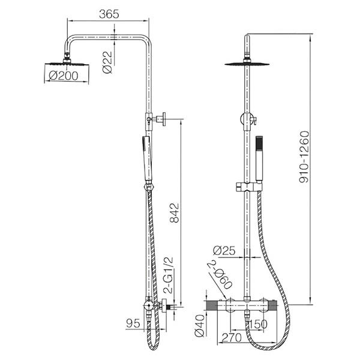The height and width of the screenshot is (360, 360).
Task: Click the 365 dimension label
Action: point(109,14)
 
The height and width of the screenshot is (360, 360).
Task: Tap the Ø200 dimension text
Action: point(64,76)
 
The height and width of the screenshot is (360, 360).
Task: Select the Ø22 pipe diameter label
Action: point(107,62)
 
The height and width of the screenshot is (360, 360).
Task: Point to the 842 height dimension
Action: point(174,212)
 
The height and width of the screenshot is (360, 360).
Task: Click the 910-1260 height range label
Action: point(304,157)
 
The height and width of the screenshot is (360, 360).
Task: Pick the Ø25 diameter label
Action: point(224,250)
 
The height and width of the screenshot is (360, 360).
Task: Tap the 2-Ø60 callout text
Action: point(220,274)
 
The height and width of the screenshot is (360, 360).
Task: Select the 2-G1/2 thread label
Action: point(168,275)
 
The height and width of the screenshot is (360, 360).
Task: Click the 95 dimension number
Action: point(133,323)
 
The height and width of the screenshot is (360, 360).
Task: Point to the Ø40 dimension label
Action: point(199,326)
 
